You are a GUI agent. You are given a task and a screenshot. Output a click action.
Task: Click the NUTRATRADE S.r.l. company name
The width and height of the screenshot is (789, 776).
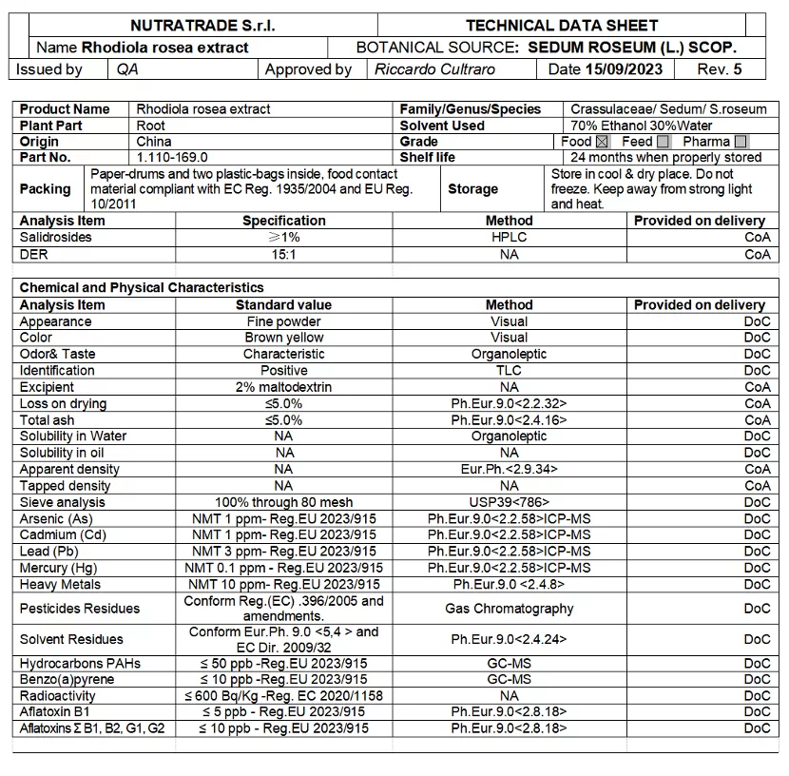tap(202, 26)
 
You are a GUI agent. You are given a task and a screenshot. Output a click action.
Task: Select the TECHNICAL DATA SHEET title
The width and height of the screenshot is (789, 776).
tap(562, 26)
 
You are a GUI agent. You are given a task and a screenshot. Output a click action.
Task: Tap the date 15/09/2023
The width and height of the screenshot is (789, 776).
tap(624, 69)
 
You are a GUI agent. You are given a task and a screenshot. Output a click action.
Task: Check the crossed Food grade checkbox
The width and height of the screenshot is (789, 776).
tap(602, 142)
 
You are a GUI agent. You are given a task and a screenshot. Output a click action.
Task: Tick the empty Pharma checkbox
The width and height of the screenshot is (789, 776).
tap(741, 142)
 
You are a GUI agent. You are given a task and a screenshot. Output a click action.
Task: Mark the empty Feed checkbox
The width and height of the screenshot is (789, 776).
tap(663, 142)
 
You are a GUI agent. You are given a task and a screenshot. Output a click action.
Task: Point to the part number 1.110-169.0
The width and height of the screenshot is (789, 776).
tap(172, 158)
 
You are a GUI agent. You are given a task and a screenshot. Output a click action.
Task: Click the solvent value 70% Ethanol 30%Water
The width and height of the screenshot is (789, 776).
tap(642, 126)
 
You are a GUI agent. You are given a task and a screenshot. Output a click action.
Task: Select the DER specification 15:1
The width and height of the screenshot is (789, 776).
tap(283, 254)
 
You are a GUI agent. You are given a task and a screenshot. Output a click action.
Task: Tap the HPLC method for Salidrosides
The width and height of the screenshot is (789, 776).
tap(509, 238)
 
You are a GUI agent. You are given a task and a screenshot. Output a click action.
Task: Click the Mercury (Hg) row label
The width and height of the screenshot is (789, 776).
tap(59, 568)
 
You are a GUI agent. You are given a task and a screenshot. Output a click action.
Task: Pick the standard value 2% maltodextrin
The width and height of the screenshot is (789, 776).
tap(283, 387)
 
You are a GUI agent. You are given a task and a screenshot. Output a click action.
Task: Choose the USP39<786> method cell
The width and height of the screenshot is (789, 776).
tap(509, 502)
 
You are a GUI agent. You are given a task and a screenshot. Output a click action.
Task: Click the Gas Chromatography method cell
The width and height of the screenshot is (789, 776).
tap(509, 609)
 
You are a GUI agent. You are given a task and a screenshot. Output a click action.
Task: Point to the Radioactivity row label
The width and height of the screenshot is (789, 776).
tap(58, 696)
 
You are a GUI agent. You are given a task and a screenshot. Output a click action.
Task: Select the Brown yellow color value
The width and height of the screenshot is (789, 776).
tap(283, 338)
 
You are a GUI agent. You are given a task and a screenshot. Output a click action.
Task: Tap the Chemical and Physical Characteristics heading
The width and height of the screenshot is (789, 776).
tap(142, 287)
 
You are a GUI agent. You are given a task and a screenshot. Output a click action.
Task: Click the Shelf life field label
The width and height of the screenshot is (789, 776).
tap(428, 158)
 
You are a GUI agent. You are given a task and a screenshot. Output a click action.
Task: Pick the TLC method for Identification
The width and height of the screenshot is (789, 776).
tap(509, 371)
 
